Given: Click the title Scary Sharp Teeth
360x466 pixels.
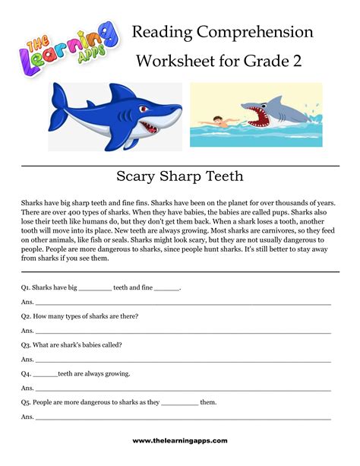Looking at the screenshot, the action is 180,176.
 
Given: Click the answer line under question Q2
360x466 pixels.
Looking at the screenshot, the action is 182,333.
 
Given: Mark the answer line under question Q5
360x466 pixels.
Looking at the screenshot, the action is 182,419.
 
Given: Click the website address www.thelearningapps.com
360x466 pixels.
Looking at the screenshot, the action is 180,441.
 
